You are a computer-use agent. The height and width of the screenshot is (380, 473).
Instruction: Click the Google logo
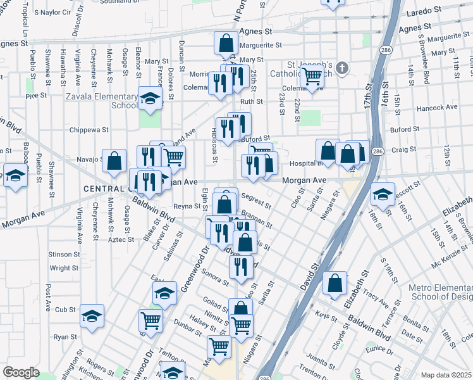click(x=21, y=373)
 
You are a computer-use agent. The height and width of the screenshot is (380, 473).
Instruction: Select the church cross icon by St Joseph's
click(x=341, y=68)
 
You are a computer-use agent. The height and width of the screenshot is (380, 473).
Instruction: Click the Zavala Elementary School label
click(x=102, y=101)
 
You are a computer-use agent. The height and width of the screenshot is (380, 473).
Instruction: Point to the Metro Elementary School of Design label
click(x=440, y=292)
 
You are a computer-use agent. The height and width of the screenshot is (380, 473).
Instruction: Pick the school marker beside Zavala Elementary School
click(x=150, y=98)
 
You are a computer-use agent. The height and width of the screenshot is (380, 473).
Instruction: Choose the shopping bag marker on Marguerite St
click(x=226, y=44)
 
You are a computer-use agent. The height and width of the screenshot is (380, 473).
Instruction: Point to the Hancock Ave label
click(x=443, y=107)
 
